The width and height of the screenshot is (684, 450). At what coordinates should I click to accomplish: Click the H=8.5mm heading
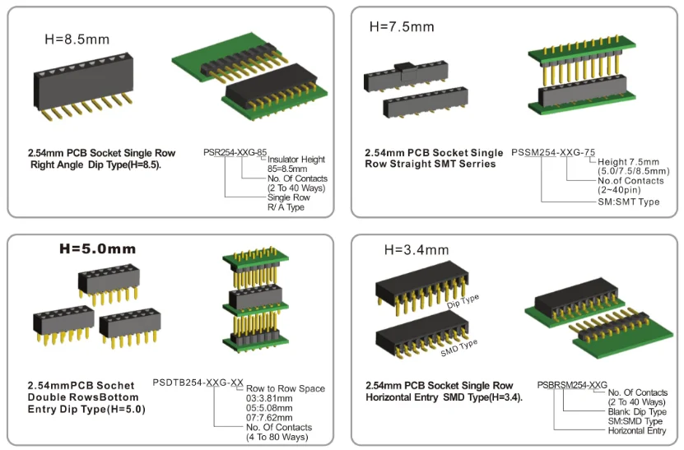77,39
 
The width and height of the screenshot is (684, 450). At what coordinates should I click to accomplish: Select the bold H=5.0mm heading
95,248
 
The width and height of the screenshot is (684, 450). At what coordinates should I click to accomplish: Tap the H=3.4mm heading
416,249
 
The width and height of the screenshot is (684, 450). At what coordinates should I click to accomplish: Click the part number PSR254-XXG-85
235,152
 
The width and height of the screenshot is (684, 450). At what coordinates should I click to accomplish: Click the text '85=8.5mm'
287,169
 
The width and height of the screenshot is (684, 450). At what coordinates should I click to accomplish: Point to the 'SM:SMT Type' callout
628,202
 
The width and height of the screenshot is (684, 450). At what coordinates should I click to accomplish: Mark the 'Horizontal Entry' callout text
637,430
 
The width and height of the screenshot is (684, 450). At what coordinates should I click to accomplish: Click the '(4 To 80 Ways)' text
277,437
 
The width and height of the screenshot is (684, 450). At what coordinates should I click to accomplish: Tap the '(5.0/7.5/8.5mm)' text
633,171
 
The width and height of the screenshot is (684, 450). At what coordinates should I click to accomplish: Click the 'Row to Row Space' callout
286,388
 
